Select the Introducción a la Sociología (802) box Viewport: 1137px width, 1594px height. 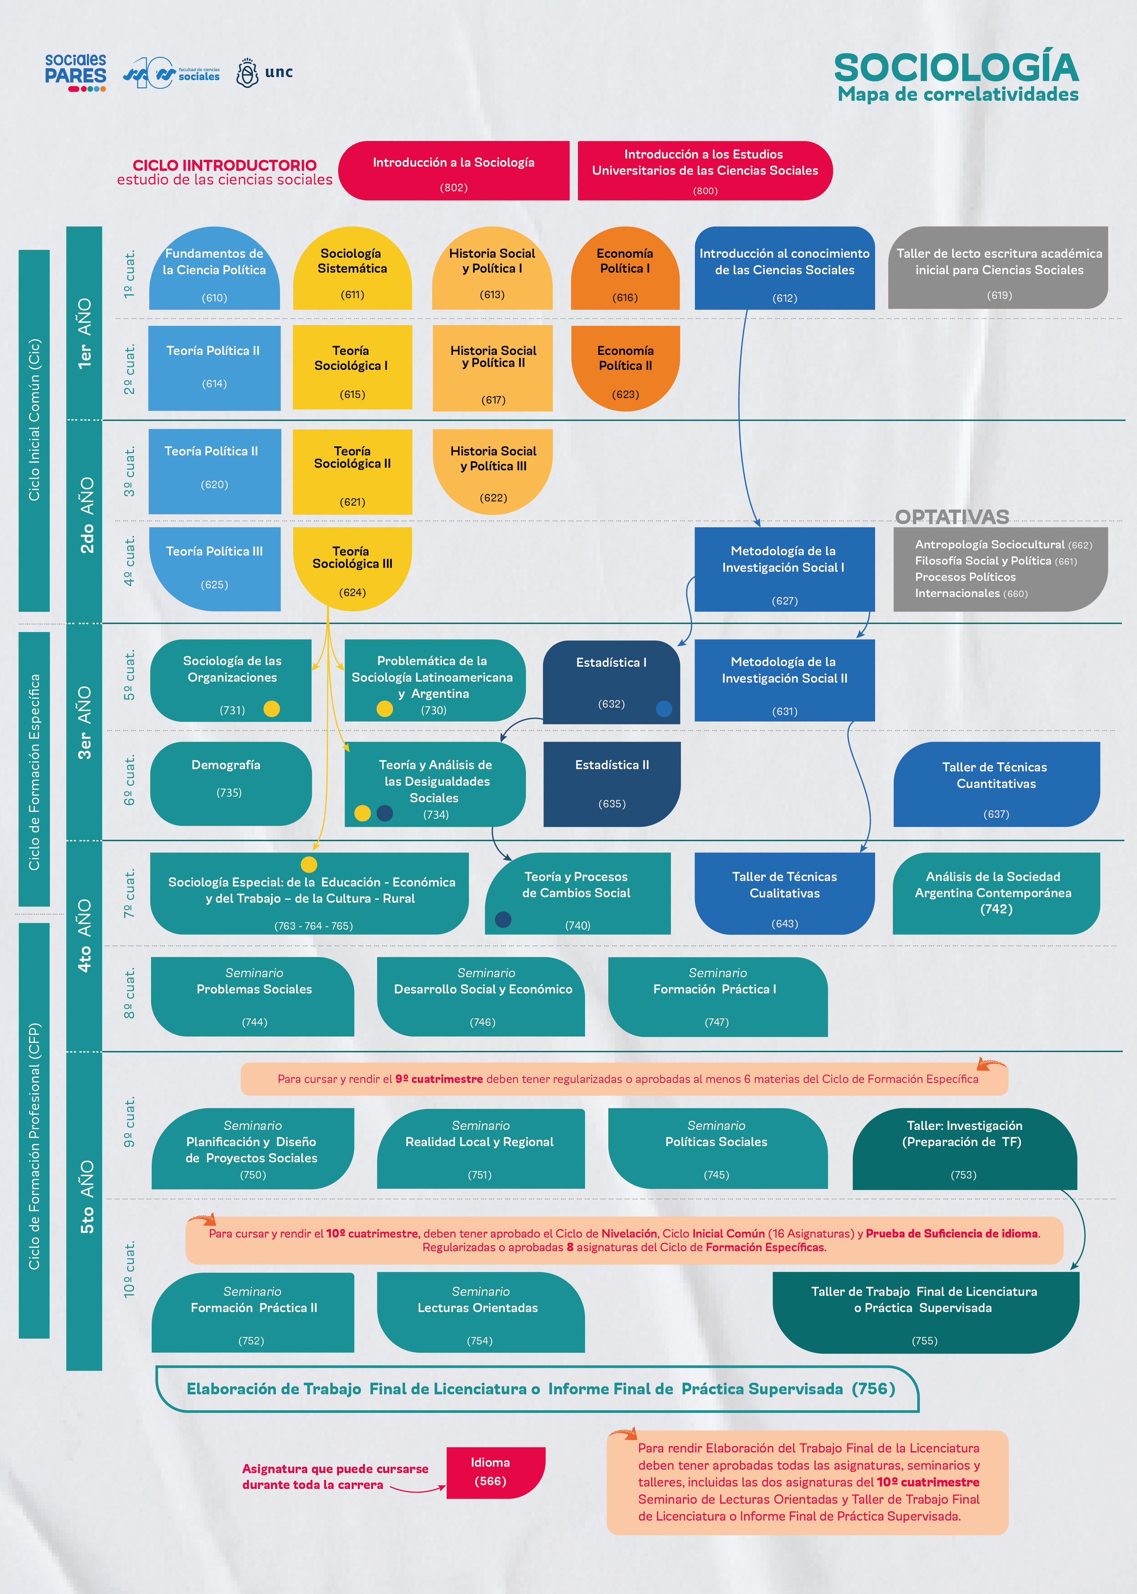[454, 171]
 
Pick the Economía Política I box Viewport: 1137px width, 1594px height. [625, 268]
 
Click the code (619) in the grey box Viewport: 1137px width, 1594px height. [999, 295]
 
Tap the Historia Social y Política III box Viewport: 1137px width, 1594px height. [493, 472]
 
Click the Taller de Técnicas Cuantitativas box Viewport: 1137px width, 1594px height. [996, 784]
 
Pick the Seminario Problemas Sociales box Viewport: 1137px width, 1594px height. [253, 997]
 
